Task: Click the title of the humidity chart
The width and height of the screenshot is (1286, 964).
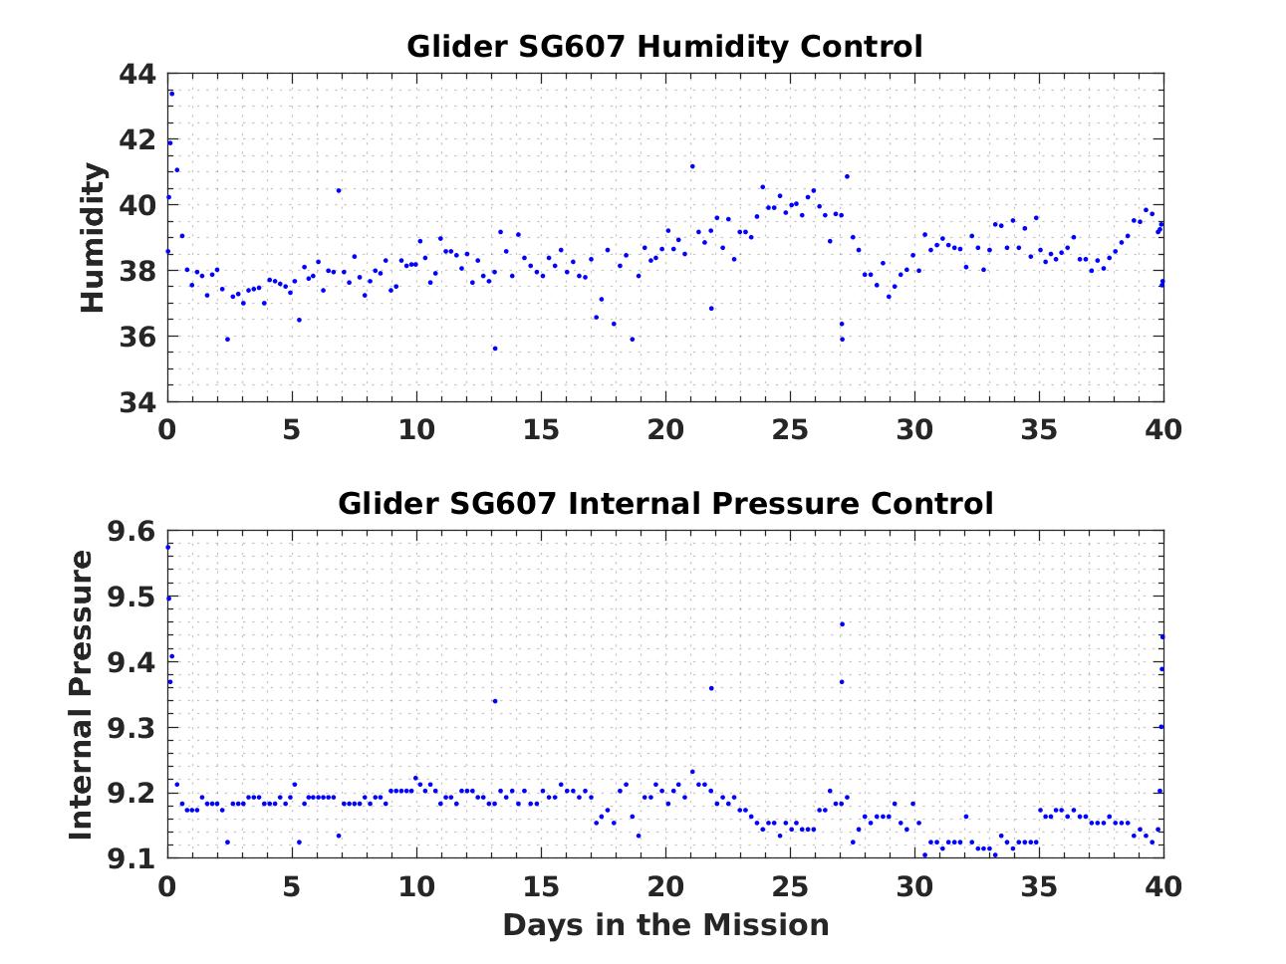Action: click(664, 47)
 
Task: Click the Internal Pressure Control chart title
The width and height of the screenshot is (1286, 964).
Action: click(664, 503)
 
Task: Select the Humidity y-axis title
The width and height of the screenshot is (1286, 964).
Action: click(93, 238)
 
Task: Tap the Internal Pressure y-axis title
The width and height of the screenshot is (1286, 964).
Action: click(81, 694)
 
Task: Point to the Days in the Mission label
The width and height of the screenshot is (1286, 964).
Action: click(664, 925)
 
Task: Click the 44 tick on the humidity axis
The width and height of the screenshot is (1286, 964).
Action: click(137, 75)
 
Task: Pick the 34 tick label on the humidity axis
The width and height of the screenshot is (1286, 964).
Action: click(137, 402)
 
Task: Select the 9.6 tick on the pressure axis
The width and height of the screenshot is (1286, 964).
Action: click(131, 532)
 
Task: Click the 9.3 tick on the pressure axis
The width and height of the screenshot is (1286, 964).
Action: click(131, 728)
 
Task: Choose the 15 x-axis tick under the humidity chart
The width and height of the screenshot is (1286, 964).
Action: click(540, 429)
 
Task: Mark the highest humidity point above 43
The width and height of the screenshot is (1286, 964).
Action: click(171, 94)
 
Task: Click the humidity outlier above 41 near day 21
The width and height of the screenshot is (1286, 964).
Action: click(692, 166)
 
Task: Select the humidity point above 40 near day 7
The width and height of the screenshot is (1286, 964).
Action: click(339, 190)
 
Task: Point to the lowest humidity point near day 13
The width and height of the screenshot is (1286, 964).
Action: click(494, 349)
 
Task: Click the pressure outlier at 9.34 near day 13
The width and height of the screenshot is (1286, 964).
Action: click(494, 701)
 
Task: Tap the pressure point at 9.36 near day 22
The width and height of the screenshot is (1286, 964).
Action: click(711, 688)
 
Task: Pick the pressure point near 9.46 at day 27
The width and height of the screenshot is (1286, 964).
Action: click(842, 624)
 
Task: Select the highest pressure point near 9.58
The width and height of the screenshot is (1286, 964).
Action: click(167, 547)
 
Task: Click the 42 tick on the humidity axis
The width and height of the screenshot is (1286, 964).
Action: click(137, 140)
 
